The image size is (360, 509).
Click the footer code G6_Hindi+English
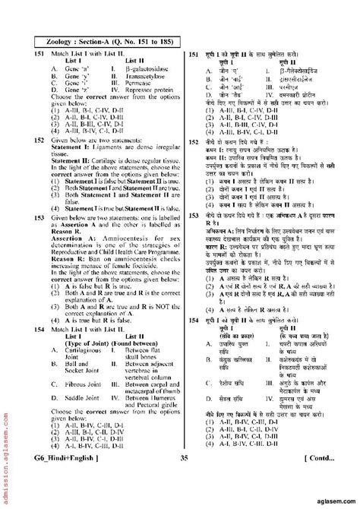pyautogui.click(x=53, y=476)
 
